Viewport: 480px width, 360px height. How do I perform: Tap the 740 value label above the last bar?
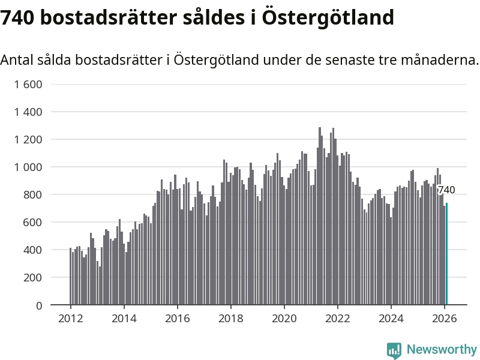click(446, 190)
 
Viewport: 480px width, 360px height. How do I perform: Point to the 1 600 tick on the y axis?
click(28, 84)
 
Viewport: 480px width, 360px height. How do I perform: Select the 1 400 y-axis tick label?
click(28, 112)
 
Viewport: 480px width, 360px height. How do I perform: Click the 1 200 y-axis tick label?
click(28, 139)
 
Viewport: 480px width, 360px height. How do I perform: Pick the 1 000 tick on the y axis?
click(28, 167)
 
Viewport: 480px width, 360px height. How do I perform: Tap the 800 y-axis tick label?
click(32, 194)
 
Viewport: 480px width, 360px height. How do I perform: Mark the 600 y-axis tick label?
click(32, 222)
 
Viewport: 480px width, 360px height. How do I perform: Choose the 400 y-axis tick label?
click(32, 250)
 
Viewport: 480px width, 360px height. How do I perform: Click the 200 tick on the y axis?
click(32, 277)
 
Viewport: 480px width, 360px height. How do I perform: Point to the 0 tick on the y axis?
click(39, 305)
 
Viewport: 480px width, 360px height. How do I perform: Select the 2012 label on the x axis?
click(70, 319)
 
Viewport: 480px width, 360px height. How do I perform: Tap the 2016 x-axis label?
click(178, 319)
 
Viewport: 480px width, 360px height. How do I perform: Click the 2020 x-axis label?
click(284, 319)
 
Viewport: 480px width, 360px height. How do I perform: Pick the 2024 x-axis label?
click(391, 319)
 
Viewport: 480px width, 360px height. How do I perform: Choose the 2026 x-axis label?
click(445, 319)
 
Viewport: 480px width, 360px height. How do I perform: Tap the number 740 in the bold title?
click(19, 18)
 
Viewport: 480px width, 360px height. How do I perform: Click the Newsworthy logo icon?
click(394, 350)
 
